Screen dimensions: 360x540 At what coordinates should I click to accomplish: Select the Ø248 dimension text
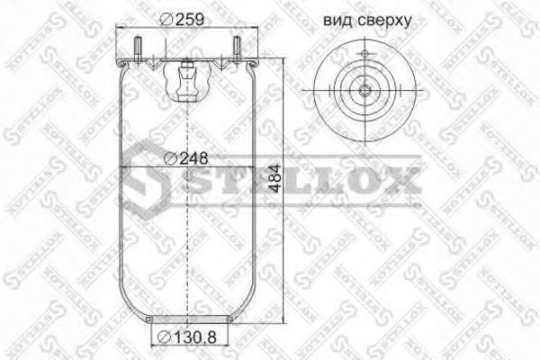click(x=188, y=158)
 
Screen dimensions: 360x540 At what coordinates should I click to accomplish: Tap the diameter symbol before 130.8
click(x=165, y=337)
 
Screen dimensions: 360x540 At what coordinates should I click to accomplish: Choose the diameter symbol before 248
click(x=171, y=158)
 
